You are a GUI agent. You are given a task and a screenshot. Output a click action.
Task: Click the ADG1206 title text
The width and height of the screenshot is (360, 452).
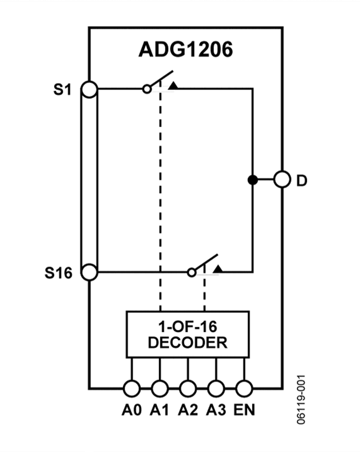pos(186,50)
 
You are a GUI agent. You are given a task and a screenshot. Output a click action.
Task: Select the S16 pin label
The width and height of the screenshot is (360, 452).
pos(58,273)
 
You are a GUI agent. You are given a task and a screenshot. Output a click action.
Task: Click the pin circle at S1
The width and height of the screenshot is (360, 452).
pos(90,89)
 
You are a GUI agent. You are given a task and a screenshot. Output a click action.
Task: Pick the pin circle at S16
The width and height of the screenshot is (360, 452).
pos(90,272)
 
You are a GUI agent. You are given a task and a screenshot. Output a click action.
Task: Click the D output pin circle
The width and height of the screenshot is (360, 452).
pos(282,179)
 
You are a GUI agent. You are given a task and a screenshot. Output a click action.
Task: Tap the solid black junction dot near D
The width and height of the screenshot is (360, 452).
pos(252,180)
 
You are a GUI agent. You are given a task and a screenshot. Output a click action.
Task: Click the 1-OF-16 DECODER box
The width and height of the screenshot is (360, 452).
pos(188,334)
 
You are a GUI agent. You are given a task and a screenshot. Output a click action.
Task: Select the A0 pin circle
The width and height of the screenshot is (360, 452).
pos(131,388)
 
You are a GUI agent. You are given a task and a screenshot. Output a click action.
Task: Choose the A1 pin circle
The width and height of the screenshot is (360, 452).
pos(160,388)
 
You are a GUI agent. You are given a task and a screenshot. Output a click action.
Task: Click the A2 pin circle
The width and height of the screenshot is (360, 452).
pos(188,388)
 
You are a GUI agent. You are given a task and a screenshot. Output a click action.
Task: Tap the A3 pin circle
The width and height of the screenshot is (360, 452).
pos(216,388)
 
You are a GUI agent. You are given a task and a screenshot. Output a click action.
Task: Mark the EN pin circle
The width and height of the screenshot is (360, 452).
pos(244,388)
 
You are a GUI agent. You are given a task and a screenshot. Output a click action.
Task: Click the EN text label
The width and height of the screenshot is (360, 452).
pos(244,410)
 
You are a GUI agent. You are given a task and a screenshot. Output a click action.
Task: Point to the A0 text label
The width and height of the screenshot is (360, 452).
pos(132,410)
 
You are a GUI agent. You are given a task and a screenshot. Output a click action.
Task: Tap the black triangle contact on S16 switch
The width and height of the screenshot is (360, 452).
pos(218,269)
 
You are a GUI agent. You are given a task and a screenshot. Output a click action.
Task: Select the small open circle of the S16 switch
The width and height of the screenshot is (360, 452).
pos(192,272)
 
